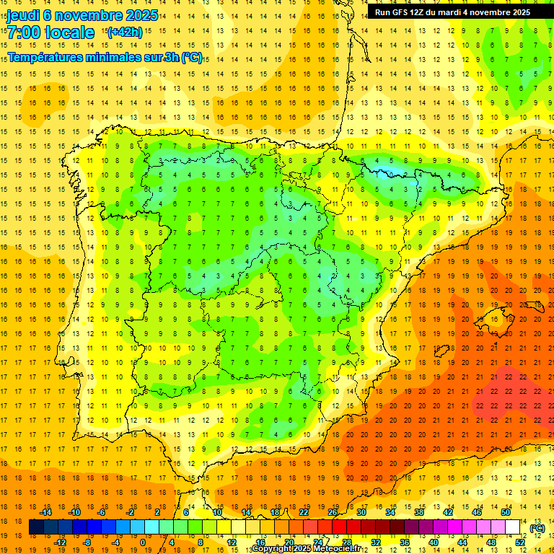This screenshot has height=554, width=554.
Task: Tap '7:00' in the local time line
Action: tap(24, 32)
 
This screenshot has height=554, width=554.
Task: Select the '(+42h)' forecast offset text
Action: tap(125, 32)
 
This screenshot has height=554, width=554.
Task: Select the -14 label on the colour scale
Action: tap(47, 512)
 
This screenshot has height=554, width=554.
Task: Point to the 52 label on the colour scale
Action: tap(520, 542)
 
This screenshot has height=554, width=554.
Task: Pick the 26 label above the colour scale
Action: tap(333, 512)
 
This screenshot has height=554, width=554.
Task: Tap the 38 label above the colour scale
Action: tap(419, 512)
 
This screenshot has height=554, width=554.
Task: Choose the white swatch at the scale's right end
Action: tap(513, 527)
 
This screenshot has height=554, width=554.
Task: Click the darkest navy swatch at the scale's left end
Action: tap(36, 527)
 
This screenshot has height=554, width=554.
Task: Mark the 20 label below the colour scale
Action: tap(289, 542)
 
